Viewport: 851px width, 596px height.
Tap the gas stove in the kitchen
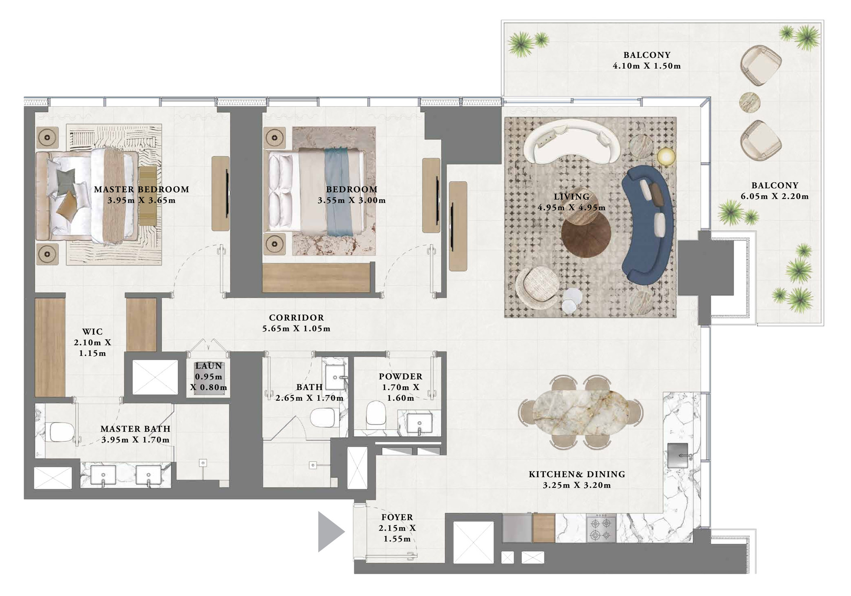[x=601, y=528]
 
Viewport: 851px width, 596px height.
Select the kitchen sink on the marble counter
[x=678, y=456]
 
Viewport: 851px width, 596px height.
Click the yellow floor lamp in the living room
[x=666, y=157]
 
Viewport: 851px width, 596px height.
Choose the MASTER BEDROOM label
[x=142, y=189]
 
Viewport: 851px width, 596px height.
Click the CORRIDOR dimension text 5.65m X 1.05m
[x=297, y=328]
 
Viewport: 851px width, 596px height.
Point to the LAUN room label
[x=209, y=366]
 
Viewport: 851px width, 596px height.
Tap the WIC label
[x=92, y=331]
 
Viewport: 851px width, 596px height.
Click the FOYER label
[x=397, y=517]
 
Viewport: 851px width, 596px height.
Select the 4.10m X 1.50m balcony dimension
[x=647, y=66]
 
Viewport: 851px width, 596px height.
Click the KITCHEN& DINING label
[x=577, y=474]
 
